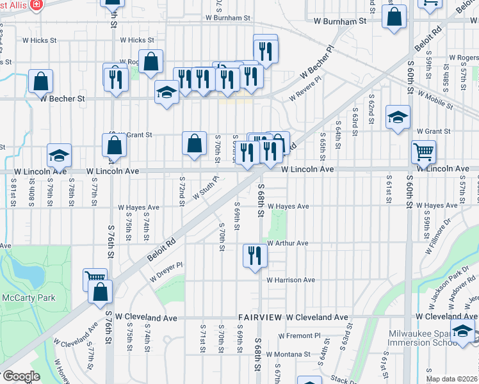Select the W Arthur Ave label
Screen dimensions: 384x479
click(288, 243)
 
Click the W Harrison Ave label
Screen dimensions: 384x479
click(291, 280)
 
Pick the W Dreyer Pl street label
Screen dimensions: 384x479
click(166, 272)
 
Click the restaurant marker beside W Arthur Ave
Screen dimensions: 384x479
click(255, 255)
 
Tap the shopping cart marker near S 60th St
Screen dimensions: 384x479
click(423, 152)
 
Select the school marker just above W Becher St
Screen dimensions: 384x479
click(166, 93)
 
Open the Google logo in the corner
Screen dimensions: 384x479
click(21, 376)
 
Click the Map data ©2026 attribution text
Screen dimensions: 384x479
click(451, 379)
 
